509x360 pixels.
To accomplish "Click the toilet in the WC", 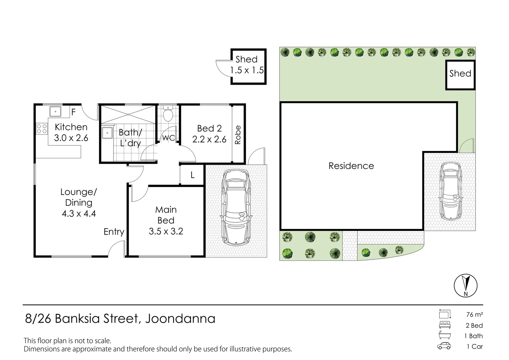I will (x=168, y=115).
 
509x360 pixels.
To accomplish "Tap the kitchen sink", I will (x=55, y=111).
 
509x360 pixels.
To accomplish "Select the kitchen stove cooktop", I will (x=42, y=129).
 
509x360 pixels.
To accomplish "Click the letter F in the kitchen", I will (x=74, y=112).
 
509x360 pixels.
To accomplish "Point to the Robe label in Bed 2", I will (x=238, y=135).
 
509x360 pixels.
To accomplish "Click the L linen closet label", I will (x=193, y=175).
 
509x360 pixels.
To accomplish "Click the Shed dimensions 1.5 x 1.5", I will (x=247, y=70).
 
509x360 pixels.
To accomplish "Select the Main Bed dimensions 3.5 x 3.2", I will (x=166, y=231).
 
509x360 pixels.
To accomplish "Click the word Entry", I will (x=114, y=232).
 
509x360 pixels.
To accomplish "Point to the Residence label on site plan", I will (x=351, y=166).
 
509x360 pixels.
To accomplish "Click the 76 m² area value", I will (x=474, y=314).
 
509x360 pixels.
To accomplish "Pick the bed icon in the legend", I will (x=444, y=325).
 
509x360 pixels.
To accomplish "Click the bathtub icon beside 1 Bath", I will (x=444, y=336).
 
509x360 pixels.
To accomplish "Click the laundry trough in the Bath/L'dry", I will (x=107, y=133).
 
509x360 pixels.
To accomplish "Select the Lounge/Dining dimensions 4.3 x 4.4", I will (x=79, y=213).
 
